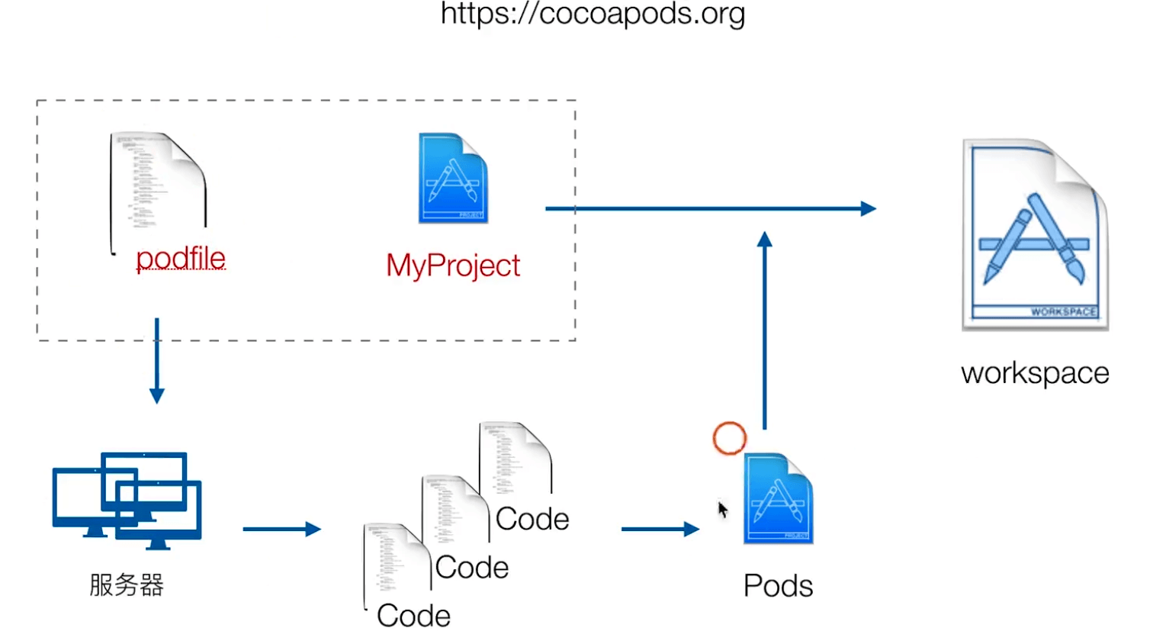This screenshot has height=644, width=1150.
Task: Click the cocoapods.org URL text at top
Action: (x=593, y=14)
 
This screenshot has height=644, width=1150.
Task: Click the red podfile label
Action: (x=181, y=259)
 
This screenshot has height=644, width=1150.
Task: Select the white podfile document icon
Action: (x=159, y=183)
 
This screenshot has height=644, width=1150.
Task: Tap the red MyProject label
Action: (x=453, y=266)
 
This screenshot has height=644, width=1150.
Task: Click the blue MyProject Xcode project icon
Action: (x=453, y=179)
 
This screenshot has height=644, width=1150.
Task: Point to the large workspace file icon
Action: (x=1035, y=234)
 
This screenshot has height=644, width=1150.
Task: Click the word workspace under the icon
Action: (x=1035, y=373)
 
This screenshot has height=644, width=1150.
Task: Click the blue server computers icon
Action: (x=127, y=500)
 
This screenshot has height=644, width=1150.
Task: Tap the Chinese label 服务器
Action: (x=127, y=585)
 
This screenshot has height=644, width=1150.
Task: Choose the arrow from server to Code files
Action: (x=281, y=529)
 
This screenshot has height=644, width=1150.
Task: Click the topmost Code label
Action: (x=532, y=520)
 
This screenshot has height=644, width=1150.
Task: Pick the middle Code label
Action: (x=472, y=568)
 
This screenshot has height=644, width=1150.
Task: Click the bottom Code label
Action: (x=413, y=616)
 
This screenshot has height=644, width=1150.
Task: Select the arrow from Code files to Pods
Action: (x=660, y=529)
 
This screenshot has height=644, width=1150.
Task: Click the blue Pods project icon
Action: (x=778, y=499)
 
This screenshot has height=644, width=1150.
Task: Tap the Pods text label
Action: (x=778, y=586)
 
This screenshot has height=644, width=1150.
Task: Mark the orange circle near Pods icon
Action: (x=730, y=438)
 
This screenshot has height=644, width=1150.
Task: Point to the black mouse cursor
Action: (x=722, y=509)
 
